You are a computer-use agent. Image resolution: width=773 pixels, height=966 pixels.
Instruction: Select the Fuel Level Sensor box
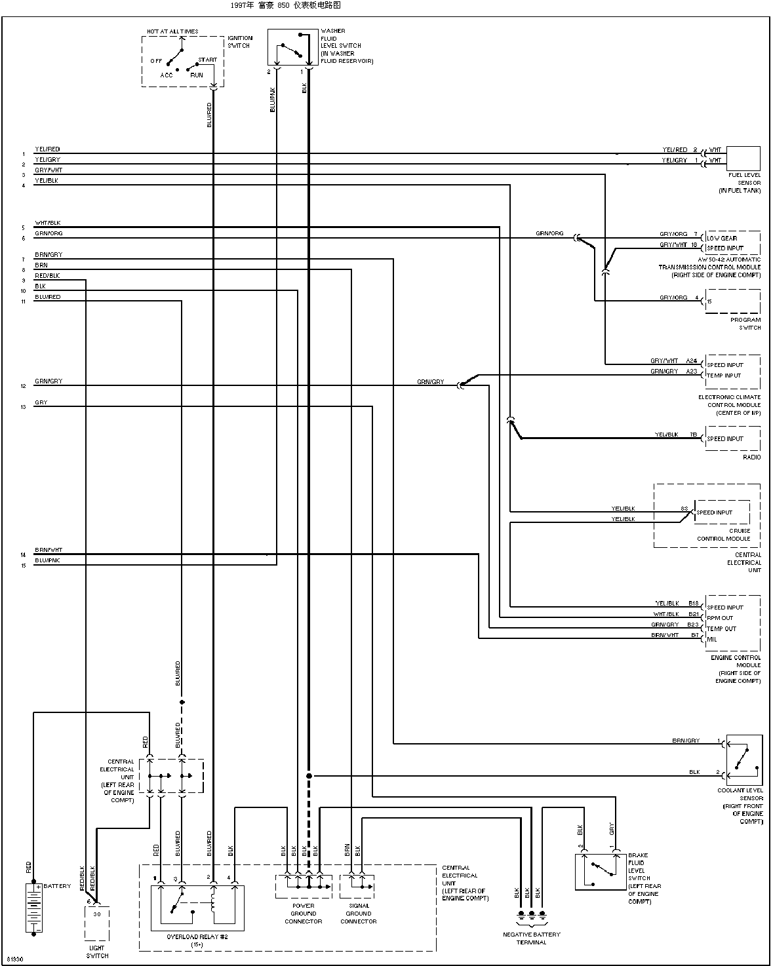click(743, 159)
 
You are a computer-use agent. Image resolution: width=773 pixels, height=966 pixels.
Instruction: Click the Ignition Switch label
click(239, 42)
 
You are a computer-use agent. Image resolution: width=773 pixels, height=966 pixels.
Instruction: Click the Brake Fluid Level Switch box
click(600, 872)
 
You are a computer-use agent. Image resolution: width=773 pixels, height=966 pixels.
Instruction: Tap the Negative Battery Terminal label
click(531, 938)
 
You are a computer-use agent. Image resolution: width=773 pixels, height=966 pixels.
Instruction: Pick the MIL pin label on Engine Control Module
click(712, 639)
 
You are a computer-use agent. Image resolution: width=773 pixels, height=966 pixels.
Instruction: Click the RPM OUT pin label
click(720, 618)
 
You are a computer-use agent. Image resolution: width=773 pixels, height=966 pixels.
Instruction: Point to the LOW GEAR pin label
click(722, 238)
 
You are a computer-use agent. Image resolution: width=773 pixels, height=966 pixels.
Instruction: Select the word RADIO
click(751, 457)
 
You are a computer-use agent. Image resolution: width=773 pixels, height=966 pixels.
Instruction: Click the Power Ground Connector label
click(303, 913)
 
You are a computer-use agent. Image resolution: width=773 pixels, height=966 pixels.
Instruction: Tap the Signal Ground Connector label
click(358, 913)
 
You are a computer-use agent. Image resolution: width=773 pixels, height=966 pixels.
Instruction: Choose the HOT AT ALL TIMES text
click(172, 31)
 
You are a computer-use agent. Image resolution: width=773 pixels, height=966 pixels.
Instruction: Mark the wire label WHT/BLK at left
click(47, 223)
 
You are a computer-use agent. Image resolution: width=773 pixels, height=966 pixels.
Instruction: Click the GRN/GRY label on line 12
click(49, 381)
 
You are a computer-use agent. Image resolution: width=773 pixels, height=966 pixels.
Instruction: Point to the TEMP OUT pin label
click(721, 628)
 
